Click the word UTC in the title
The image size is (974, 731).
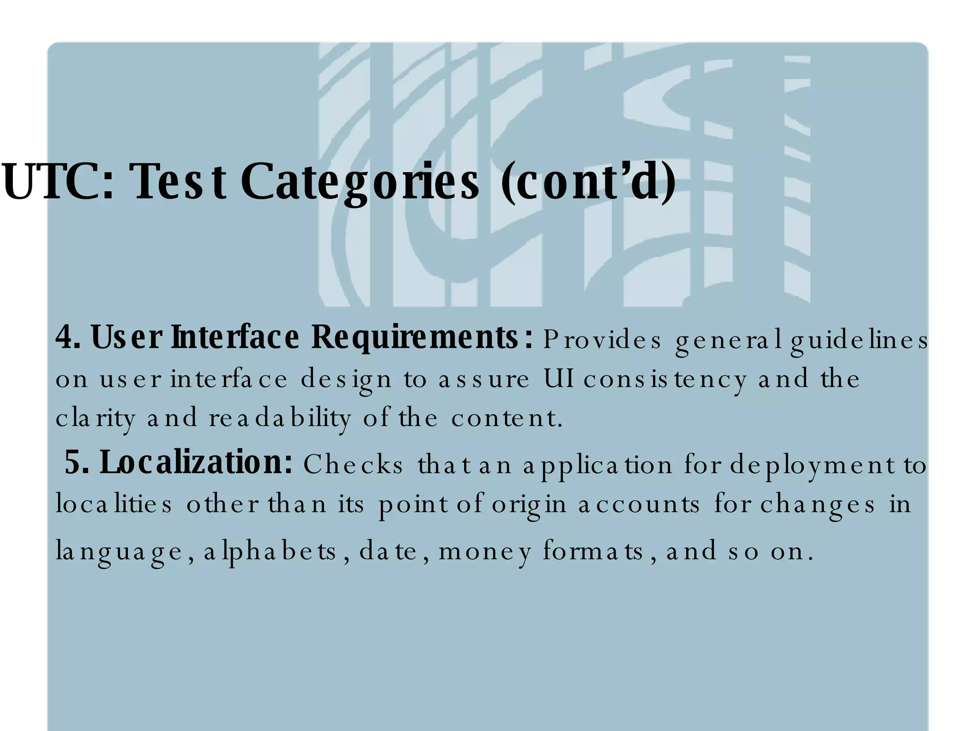tap(57, 182)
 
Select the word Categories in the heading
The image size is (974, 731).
tap(360, 182)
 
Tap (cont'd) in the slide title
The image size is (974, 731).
tap(588, 182)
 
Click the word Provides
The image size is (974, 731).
tap(602, 340)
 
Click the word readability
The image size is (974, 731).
tap(280, 418)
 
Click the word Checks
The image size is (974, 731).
tap(353, 464)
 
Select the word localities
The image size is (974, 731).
tap(114, 504)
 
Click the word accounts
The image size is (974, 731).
tap(639, 504)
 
